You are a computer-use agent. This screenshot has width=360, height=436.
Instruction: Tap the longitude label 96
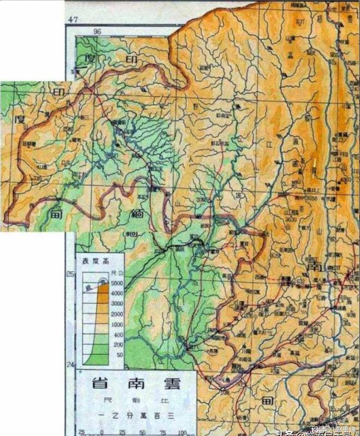point(98,32)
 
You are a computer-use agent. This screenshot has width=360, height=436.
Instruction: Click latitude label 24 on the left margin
point(69,364)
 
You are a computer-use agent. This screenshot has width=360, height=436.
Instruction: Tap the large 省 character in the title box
point(100,383)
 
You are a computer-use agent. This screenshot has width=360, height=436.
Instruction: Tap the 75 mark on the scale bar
point(163,432)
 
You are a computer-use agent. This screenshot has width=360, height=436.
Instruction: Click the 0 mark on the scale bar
point(102,432)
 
